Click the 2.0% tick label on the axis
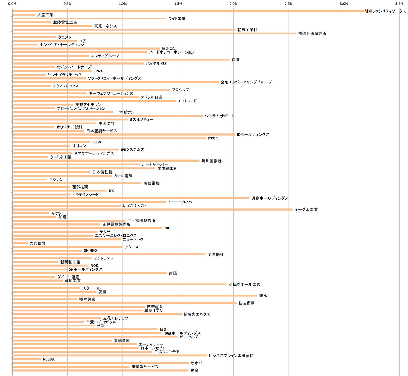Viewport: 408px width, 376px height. pyautogui.click(x=233, y=4)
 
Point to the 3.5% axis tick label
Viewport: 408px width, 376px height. pyautogui.click(x=399, y=4)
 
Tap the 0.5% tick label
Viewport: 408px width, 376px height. pyautogui.click(x=67, y=4)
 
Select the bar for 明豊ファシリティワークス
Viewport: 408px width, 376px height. pyautogui.click(x=188, y=11)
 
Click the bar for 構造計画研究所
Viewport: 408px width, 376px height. pyautogui.click(x=154, y=34)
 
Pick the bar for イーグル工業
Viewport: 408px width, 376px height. pyautogui.click(x=152, y=209)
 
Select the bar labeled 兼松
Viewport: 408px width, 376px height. pyautogui.click(x=134, y=295)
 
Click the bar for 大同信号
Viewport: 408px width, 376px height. pyautogui.click(x=20, y=243)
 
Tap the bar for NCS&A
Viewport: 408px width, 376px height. pyautogui.click(x=26, y=359)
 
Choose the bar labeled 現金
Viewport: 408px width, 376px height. pyautogui.click(x=100, y=370)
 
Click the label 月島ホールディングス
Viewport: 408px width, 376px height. pyautogui.click(x=270, y=198)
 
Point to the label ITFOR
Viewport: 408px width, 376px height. pyautogui.click(x=213, y=138)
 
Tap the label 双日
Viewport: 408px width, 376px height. pyautogui.click(x=235, y=60)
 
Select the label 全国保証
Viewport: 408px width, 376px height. pyautogui.click(x=215, y=254)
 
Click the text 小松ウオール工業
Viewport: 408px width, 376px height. pyautogui.click(x=244, y=285)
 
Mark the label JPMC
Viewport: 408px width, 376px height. pyautogui.click(x=99, y=71)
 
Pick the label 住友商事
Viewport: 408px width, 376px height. pyautogui.click(x=246, y=303)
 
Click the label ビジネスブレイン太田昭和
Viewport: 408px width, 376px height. pyautogui.click(x=231, y=356)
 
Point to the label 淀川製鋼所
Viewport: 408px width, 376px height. pyautogui.click(x=211, y=161)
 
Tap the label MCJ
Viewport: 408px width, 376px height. pyautogui.click(x=168, y=228)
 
